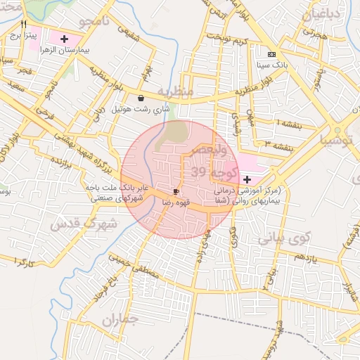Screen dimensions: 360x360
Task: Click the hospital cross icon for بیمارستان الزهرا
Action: pos(65,39)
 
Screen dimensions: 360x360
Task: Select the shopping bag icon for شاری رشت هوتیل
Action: pos(141,98)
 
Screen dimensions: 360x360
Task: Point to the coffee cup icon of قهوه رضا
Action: pos(176,191)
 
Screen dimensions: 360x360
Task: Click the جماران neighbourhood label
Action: pos(121,320)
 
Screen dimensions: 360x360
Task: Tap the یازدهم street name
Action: pos(306,258)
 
